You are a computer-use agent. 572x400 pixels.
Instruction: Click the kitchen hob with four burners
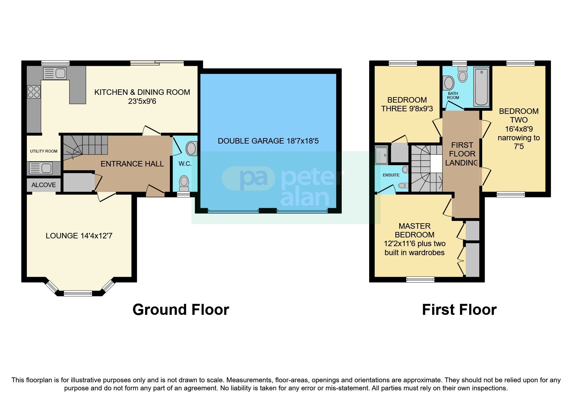34,91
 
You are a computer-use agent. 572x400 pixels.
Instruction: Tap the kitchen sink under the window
55,74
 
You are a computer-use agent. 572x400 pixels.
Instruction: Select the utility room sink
40,168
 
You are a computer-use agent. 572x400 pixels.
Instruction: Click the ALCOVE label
44,185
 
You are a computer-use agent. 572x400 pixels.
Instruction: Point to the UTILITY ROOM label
44,151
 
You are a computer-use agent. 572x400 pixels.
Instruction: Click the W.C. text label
185,164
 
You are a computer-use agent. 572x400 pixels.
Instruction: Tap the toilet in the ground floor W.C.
184,182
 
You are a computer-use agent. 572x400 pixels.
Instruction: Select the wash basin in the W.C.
191,149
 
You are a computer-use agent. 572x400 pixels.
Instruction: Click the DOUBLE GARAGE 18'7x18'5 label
268,141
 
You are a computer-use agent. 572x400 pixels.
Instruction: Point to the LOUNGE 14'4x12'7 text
79,236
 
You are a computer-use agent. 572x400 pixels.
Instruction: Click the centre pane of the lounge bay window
78,293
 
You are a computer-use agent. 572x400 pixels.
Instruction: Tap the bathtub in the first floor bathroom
481,86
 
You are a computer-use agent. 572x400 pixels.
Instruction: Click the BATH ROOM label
453,95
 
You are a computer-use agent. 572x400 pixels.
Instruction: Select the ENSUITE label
391,175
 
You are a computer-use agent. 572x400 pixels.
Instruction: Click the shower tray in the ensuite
381,155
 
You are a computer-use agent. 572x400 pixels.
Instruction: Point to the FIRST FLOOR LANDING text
462,154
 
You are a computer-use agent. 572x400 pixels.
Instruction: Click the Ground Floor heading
181,310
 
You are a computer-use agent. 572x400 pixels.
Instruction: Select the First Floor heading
459,310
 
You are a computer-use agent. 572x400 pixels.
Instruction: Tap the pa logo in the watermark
249,178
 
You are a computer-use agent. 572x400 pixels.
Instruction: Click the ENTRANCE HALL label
132,164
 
